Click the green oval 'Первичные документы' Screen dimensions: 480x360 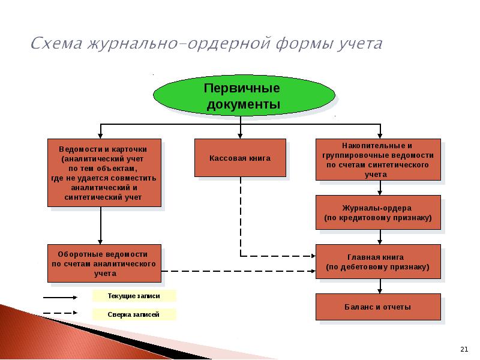(244, 95)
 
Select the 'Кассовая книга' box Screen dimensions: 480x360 (241, 158)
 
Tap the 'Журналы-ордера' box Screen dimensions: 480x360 (378, 212)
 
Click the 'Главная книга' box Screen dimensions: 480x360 (378, 262)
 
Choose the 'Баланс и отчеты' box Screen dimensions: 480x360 (378, 307)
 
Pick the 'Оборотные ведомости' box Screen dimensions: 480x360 (104, 263)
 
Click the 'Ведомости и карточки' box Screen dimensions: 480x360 (104, 173)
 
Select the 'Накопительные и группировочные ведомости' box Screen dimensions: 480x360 (378, 160)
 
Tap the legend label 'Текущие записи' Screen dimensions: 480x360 (134, 296)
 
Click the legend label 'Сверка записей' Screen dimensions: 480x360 (133, 314)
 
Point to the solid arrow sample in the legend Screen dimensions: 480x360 (60, 297)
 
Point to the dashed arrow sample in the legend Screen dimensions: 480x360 (60, 313)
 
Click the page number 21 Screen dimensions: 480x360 (464, 349)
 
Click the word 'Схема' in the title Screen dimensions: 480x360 (56, 43)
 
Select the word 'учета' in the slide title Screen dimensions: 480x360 (361, 44)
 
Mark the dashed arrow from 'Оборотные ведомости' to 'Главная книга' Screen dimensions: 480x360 (238, 271)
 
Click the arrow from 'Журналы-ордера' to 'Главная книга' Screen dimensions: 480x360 (380, 237)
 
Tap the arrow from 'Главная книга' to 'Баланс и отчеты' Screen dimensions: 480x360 (380, 286)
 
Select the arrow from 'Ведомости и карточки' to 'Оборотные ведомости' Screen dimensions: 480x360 (100, 226)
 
